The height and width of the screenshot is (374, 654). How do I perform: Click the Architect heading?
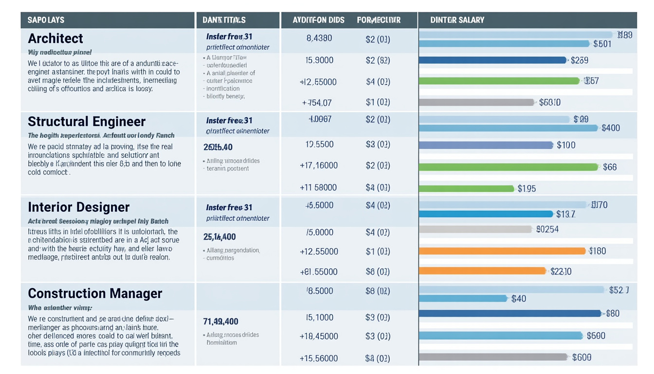pyautogui.click(x=55, y=38)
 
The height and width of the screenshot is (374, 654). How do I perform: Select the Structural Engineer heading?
pyautogui.click(x=87, y=121)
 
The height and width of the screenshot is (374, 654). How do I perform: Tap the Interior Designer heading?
pyautogui.click(x=79, y=207)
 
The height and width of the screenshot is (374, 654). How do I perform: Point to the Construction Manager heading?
pyautogui.click(x=95, y=293)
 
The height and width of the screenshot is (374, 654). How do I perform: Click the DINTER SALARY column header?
pyautogui.click(x=457, y=20)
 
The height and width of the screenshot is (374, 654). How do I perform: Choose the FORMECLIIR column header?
pyautogui.click(x=379, y=20)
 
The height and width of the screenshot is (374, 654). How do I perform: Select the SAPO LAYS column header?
pyautogui.click(x=46, y=20)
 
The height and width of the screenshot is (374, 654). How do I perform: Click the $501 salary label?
pyautogui.click(x=602, y=44)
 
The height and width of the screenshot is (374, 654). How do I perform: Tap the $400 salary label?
pyautogui.click(x=611, y=128)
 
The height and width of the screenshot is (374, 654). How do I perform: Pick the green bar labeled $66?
pyautogui.click(x=509, y=167)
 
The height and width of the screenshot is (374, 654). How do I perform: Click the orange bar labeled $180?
pyautogui.click(x=502, y=251)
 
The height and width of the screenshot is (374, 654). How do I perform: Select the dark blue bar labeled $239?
pyautogui.click(x=492, y=60)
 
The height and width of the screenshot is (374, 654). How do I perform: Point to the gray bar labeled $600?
pyautogui.click(x=493, y=357)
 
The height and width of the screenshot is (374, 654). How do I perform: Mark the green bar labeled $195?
pyautogui.click(x=466, y=188)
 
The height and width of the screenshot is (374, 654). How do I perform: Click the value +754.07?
pyautogui.click(x=317, y=103)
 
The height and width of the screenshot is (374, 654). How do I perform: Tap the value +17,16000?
pyautogui.click(x=319, y=166)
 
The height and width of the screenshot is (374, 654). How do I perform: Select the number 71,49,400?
pyautogui.click(x=220, y=321)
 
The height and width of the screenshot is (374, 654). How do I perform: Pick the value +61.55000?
pyautogui.click(x=319, y=272)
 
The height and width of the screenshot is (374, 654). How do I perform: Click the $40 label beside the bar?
pyautogui.click(x=519, y=299)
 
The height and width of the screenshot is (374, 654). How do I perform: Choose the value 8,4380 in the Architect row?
pyautogui.click(x=319, y=38)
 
